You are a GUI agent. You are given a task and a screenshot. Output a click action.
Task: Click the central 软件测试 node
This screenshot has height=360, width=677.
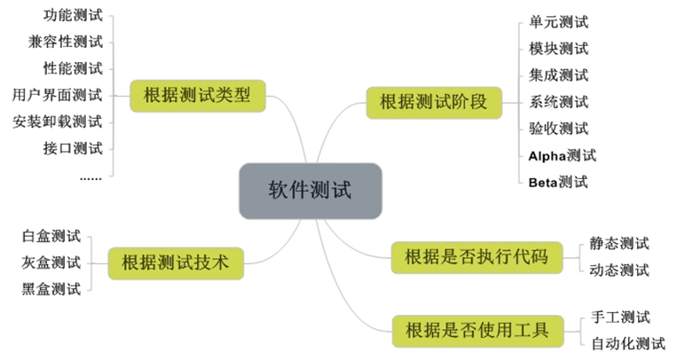pos(311,191)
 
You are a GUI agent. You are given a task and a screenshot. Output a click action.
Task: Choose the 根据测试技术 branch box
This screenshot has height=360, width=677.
pos(175,262)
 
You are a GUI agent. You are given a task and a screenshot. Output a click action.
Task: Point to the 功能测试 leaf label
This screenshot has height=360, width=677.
pos(73,15)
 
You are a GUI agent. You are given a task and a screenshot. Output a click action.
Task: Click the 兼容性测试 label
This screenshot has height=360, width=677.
pos(66,42)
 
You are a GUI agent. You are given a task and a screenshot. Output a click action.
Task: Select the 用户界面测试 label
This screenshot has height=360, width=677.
pos(58,95)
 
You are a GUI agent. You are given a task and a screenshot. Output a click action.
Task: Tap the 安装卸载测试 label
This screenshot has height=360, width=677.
pos(58,121)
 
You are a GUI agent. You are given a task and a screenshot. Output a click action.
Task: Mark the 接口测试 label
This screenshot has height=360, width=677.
pos(73,148)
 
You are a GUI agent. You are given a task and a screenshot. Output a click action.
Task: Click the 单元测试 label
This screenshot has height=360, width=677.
pos(558,22)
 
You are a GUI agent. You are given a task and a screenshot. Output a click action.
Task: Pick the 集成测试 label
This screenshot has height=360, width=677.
pos(558,75)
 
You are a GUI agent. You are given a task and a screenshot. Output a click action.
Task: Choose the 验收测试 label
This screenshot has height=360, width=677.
pos(558,129)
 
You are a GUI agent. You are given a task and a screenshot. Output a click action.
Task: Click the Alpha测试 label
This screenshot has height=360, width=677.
pos(563,156)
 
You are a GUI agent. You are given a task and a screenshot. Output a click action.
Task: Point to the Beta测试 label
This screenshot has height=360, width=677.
pos(558,183)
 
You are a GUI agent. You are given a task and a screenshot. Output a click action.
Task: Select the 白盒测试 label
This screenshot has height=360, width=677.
pos(51,236)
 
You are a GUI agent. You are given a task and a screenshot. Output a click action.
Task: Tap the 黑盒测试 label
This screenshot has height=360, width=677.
pos(51,288)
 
